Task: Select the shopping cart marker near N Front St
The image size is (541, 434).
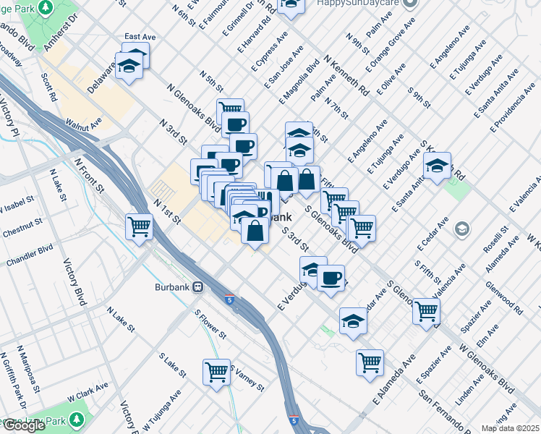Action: pos(139,226)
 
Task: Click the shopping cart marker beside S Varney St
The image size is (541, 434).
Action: pos(216,372)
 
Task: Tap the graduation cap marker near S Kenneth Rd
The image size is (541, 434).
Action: pos(438,166)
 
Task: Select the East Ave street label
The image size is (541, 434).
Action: pos(141,36)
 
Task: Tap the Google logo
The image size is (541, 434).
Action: pos(24,425)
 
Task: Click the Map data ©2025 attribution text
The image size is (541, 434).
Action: pos(511,428)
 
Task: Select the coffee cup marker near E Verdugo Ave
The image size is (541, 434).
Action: pos(331,278)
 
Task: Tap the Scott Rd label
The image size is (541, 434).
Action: pos(49,86)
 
